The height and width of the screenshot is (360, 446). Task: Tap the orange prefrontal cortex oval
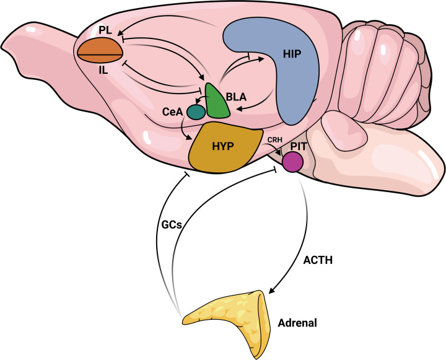[100, 50]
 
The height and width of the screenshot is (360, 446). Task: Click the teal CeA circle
[196, 112]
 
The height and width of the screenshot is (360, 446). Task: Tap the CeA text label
[172, 112]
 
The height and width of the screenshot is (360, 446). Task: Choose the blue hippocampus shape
[291, 93]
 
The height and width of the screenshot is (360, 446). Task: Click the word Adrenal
[299, 323]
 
